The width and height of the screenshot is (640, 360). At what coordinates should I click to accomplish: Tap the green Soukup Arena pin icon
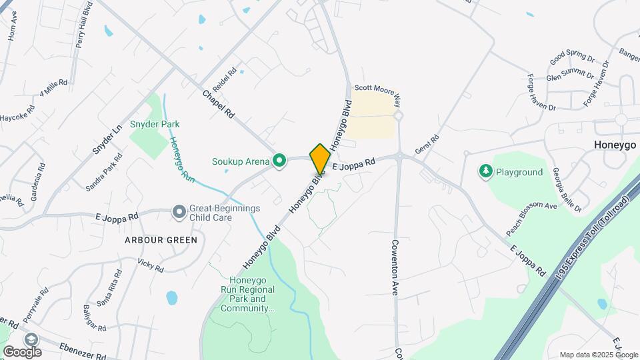280,160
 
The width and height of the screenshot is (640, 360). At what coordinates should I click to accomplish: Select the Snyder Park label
155,124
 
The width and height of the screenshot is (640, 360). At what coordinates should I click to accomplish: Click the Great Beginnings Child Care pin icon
179,212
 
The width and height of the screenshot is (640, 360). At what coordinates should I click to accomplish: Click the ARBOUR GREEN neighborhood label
160,240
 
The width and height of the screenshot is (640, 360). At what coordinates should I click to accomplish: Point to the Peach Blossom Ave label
531,219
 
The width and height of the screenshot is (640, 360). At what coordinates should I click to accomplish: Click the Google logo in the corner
23,351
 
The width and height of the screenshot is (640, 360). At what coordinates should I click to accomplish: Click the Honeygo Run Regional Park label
248,294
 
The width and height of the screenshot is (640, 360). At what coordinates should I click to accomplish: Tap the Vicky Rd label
150,265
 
